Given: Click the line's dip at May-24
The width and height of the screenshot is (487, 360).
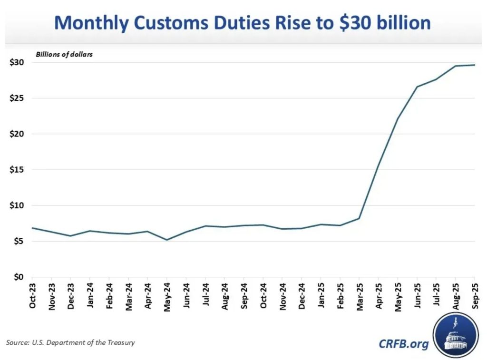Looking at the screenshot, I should click(x=167, y=240).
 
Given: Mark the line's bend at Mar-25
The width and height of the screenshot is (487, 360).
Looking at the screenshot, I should click(x=359, y=218).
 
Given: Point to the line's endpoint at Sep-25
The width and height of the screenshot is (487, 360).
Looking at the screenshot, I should click(x=474, y=65).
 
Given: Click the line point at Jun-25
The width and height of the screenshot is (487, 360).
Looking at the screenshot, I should click(x=417, y=87).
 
